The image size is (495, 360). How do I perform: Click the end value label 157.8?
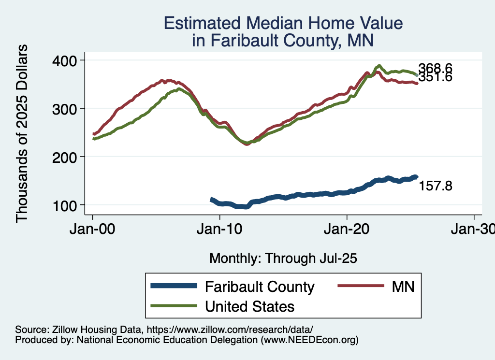(x=435, y=186)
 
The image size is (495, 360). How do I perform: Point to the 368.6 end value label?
(x=435, y=68)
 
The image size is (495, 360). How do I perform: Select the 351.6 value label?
(x=435, y=77)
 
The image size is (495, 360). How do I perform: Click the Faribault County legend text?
(x=260, y=287)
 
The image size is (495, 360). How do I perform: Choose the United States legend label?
(x=250, y=306)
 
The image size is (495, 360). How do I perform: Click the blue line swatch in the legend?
(x=174, y=286)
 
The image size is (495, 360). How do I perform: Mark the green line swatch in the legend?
(x=174, y=306)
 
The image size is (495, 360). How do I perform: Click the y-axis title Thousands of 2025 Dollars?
(x=22, y=133)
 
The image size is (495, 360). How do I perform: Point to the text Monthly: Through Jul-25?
(x=283, y=259)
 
